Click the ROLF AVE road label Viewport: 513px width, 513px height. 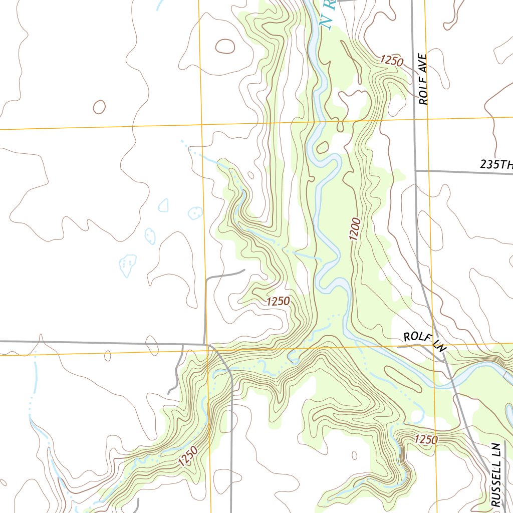[x=424, y=79]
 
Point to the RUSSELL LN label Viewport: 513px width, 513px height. [x=496, y=474]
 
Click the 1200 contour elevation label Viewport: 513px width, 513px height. [x=355, y=229]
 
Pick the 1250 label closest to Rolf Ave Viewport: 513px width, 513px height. [x=391, y=61]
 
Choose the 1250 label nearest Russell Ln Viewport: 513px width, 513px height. [x=426, y=439]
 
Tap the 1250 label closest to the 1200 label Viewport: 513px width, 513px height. [x=278, y=301]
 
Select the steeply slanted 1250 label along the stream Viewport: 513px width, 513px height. [x=187, y=456]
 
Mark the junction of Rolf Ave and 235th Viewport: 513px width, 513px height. [x=416, y=171]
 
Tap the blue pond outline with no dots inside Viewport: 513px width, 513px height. [x=163, y=205]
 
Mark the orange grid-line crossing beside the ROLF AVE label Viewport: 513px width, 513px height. [x=426, y=120]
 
